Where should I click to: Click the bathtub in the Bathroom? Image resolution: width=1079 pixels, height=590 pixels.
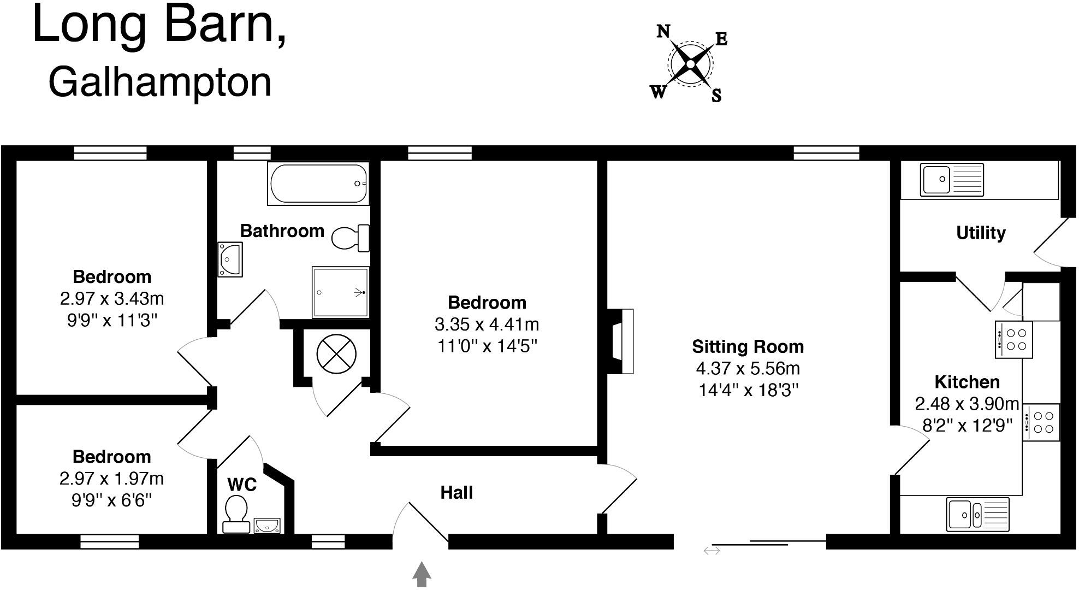click(318, 184)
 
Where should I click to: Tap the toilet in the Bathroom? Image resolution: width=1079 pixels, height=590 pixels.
click(349, 238)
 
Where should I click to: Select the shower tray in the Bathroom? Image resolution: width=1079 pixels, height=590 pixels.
click(340, 292)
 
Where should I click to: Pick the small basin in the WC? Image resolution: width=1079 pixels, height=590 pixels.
click(267, 526)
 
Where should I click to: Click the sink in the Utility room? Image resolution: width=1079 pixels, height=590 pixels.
click(951, 179)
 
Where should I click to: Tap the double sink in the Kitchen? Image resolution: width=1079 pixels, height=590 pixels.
click(977, 514)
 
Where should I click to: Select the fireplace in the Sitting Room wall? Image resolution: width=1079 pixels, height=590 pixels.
click(621, 341)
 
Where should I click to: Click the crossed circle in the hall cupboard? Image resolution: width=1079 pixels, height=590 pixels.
click(336, 354)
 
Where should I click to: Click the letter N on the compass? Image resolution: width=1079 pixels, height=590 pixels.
click(663, 32)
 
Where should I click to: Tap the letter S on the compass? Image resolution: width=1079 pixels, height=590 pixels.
click(716, 96)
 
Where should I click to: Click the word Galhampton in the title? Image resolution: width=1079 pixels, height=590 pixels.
click(159, 82)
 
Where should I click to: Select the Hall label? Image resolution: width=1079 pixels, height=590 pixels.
click(456, 492)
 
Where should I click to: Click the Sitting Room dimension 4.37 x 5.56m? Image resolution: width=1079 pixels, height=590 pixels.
click(748, 369)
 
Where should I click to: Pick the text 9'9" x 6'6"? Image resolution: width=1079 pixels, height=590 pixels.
click(111, 500)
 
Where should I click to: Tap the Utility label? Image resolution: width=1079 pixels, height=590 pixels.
click(981, 233)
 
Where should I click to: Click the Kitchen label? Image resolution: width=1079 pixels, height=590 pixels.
click(967, 381)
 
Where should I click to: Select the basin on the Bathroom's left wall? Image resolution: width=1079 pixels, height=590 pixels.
click(230, 259)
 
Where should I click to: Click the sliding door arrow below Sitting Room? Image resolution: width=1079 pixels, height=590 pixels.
click(712, 551)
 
